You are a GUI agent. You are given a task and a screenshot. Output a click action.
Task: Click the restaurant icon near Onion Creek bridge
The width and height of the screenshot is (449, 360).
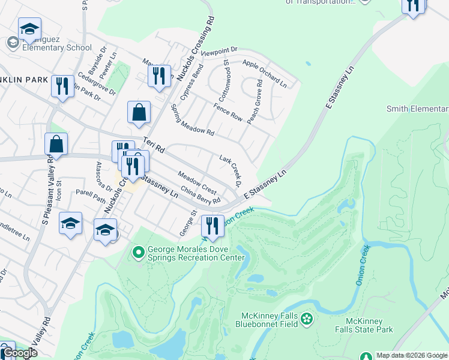tap(212, 226)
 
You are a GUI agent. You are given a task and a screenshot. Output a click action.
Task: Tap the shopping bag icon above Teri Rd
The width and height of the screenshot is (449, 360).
tap(139, 112)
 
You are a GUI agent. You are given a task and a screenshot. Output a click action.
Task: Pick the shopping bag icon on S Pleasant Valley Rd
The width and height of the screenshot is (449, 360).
tap(56, 144)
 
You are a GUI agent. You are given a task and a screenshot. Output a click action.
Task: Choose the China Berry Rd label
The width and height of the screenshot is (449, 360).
tap(200, 196)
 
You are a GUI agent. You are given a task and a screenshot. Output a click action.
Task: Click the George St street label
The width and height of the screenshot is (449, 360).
tap(188, 223)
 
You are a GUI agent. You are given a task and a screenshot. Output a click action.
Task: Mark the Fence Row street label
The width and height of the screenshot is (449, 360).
tap(228, 112)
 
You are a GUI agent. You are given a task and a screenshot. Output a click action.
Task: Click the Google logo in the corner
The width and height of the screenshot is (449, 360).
tap(19, 353)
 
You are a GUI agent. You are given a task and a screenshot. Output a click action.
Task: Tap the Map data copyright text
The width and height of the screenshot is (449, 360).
tap(411, 355)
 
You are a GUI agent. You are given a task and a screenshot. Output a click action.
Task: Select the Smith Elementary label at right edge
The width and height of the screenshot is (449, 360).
tap(417, 109)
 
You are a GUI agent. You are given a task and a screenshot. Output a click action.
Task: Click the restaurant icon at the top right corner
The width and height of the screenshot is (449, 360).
tap(413, 5)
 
